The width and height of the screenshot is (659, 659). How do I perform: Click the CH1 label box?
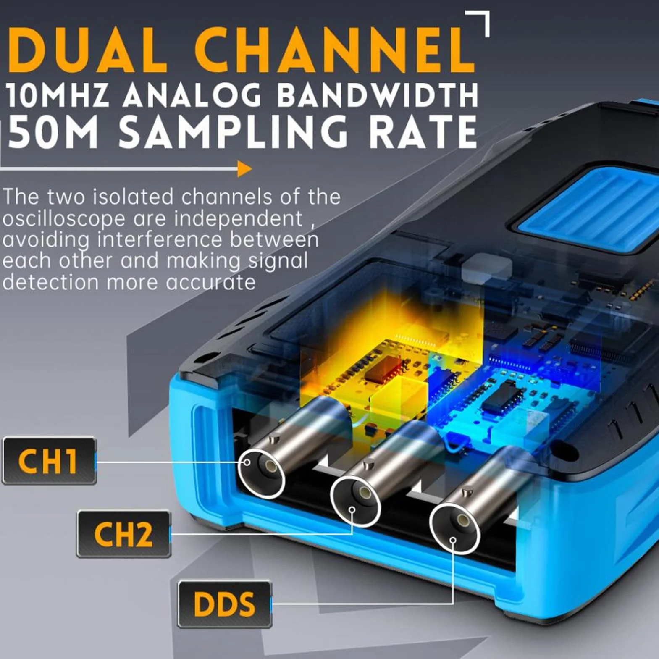(49, 461)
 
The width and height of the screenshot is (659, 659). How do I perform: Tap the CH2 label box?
(123, 534)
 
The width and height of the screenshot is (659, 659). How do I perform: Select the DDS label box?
(225, 604)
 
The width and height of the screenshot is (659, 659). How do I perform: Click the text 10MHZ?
(58, 95)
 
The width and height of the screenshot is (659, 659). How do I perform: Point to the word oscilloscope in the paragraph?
(63, 219)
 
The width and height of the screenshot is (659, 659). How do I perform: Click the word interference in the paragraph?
(159, 239)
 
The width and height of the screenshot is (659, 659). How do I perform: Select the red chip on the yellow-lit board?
(384, 369)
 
